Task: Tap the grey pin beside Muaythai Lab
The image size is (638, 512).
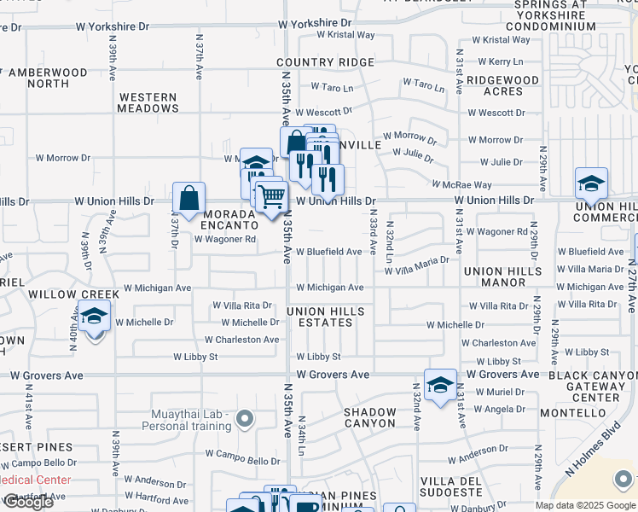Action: coord(246,418)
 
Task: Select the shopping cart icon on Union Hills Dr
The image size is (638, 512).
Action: coord(271,196)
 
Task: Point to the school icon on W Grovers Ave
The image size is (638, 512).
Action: coord(440,386)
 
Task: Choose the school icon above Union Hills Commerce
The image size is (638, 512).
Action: coord(591,183)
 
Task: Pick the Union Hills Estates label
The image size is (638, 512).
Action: coord(326,317)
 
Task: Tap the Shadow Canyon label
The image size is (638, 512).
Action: coord(370,417)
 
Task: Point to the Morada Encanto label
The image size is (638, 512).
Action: coord(229,219)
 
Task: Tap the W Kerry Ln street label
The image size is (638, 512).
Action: coord(500,61)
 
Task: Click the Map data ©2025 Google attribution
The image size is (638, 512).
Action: coord(585,505)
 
